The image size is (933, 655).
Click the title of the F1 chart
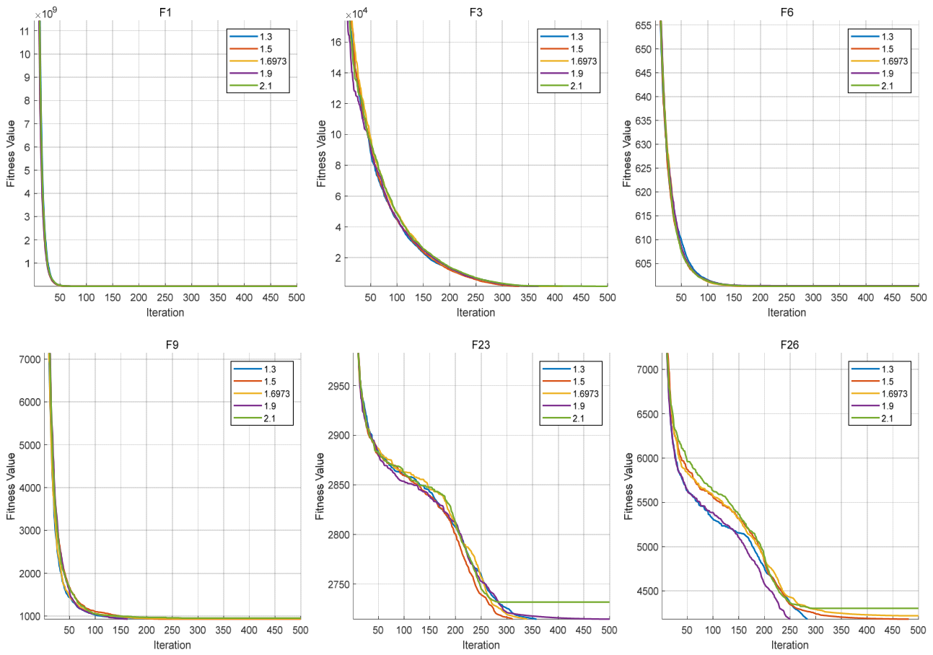(x=165, y=12)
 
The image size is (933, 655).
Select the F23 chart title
(x=481, y=345)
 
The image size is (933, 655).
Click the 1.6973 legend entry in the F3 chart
(x=569, y=61)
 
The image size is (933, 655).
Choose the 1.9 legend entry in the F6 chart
(x=872, y=74)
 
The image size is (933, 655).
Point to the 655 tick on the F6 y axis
(x=643, y=25)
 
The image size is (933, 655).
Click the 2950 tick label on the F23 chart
(x=338, y=386)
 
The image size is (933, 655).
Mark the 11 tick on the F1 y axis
(x=25, y=31)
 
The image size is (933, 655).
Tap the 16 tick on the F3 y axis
(x=336, y=42)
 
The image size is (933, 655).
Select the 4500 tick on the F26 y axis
(x=648, y=592)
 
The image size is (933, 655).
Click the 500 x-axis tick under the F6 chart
(x=918, y=297)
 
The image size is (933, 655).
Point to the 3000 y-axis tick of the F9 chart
(x=30, y=530)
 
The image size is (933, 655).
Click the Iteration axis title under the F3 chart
(x=476, y=312)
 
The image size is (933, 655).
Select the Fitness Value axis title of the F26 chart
(x=628, y=486)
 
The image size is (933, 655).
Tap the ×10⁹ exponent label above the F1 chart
(x=45, y=14)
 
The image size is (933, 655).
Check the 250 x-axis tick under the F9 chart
(x=172, y=630)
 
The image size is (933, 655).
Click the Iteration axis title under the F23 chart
(x=481, y=645)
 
